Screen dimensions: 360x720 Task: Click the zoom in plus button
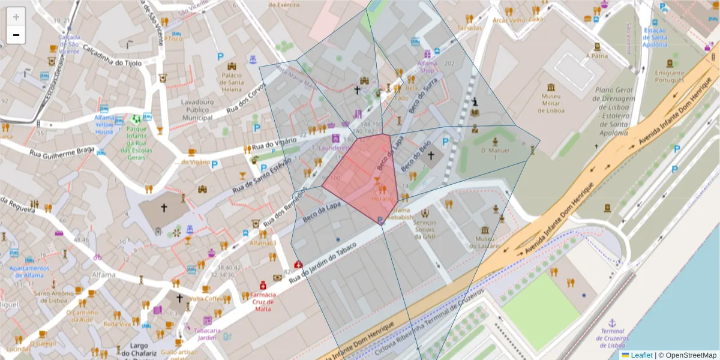[x=16, y=17]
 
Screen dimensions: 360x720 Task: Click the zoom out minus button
[x=16, y=35]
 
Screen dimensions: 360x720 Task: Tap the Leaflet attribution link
[x=641, y=355]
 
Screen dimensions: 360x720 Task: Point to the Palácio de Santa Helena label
[x=232, y=82]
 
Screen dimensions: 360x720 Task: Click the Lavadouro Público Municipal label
[x=197, y=110]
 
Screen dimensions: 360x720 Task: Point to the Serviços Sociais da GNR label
[x=425, y=229]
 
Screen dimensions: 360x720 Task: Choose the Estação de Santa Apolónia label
[x=655, y=37]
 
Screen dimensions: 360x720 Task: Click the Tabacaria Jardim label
[x=206, y=334]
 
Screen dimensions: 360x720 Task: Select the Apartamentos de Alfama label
[x=29, y=272]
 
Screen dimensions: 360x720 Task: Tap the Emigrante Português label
[x=670, y=77]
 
